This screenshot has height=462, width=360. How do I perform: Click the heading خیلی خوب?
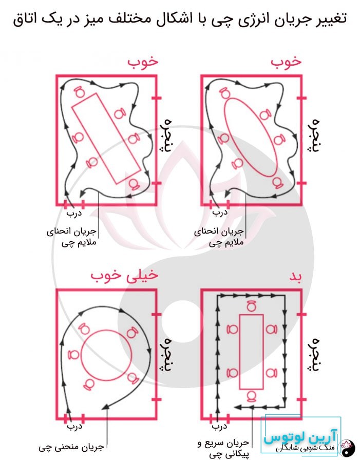click(x=125, y=275)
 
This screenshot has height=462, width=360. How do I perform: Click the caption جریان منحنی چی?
click(x=71, y=447)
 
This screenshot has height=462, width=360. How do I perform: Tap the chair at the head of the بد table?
click(x=251, y=307)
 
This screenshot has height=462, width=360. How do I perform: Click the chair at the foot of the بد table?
click(x=251, y=395)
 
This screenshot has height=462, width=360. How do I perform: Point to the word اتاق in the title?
click(x=27, y=19)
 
